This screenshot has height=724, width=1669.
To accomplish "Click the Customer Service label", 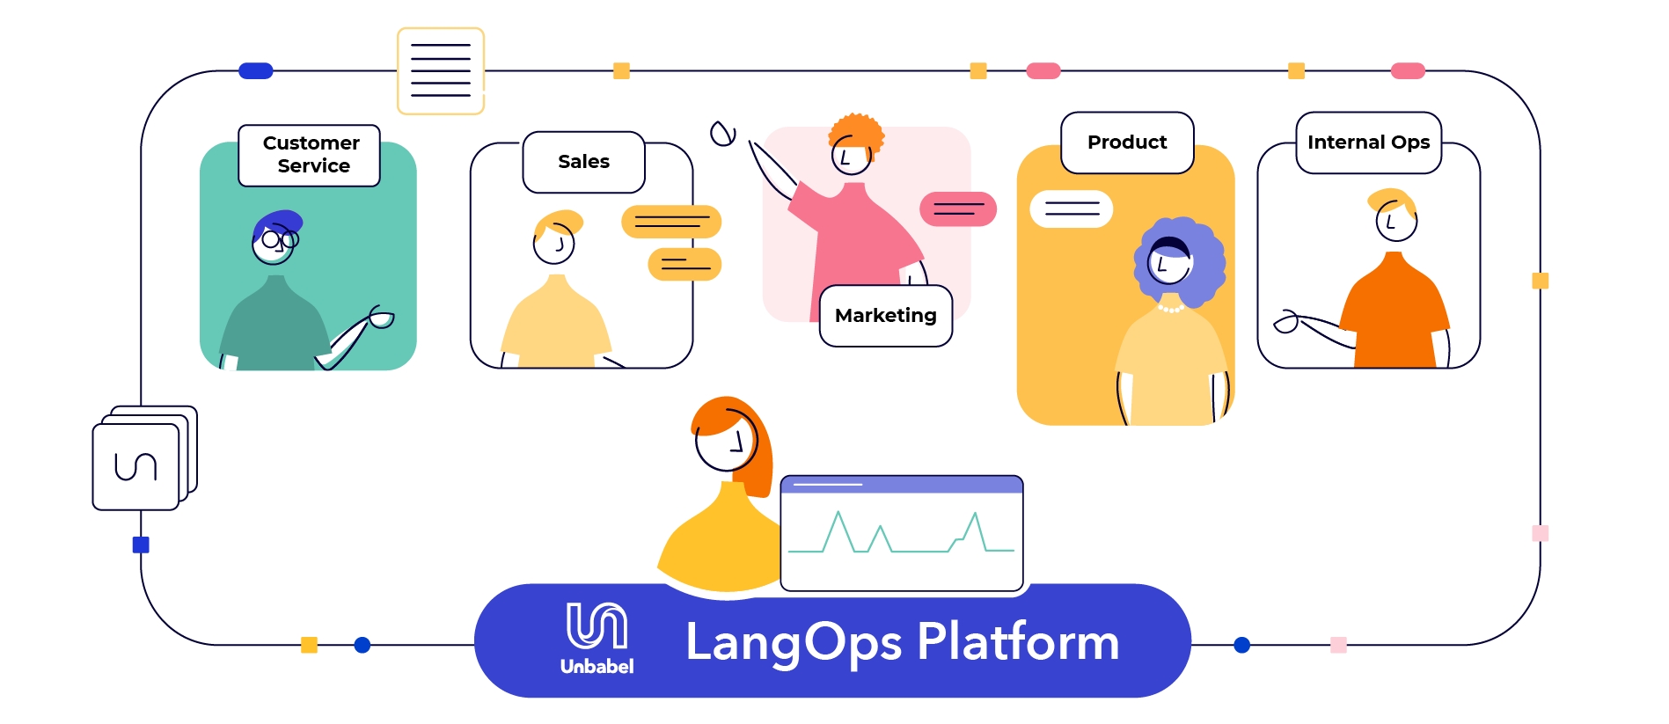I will [310, 155].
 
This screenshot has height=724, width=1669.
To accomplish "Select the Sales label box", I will [583, 162].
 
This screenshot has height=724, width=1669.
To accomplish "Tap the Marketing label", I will [885, 316].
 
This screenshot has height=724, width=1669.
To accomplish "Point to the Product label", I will [1127, 143].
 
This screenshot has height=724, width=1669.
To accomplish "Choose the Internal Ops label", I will [1368, 143].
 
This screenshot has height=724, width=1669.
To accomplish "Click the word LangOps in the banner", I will [793, 642].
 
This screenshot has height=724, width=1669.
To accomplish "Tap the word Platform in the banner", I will [1018, 641].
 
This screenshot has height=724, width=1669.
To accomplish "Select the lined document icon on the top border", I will [441, 71].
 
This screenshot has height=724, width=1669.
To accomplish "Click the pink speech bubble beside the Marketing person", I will [958, 209].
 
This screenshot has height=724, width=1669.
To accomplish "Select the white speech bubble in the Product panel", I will [1072, 209].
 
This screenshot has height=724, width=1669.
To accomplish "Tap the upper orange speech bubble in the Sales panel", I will [671, 222].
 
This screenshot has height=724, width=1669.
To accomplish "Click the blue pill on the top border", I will [256, 71].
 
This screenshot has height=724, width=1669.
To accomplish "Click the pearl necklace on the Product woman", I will [1170, 309].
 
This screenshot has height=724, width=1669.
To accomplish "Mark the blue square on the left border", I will [141, 545].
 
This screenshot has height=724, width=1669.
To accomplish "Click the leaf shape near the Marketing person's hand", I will [722, 134].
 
